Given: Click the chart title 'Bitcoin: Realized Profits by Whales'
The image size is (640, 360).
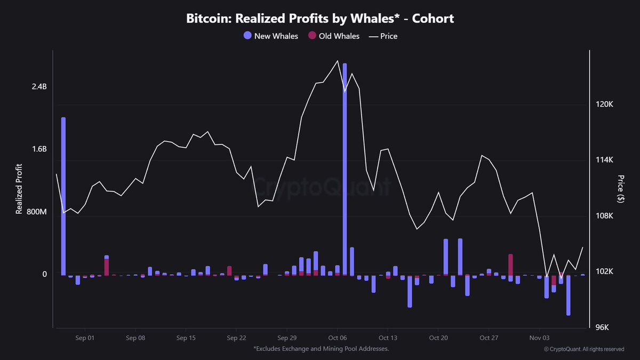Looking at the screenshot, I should [320, 18].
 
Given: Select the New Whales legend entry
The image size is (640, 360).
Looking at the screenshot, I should [270, 36].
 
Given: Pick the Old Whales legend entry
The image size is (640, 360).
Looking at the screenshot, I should [333, 36].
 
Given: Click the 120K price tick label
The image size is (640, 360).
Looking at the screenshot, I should [605, 105].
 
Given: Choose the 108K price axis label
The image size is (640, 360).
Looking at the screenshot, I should [605, 216].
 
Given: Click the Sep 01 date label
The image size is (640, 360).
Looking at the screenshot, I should [85, 338].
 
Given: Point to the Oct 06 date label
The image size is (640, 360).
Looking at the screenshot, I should [338, 338].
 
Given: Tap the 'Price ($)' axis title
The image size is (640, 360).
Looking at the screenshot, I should [620, 189].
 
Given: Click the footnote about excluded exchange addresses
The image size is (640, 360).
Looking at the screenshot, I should [321, 349].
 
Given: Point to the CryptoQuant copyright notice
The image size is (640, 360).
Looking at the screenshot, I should [583, 349].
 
